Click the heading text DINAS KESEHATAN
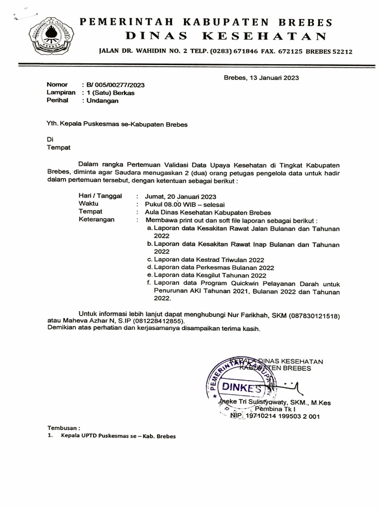(226, 36)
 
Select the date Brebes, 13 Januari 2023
(261, 78)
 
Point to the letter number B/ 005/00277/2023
(116, 85)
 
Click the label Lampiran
(61, 92)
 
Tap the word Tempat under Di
(59, 148)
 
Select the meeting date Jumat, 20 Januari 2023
(181, 196)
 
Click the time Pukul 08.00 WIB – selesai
(185, 204)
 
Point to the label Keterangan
(97, 219)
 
